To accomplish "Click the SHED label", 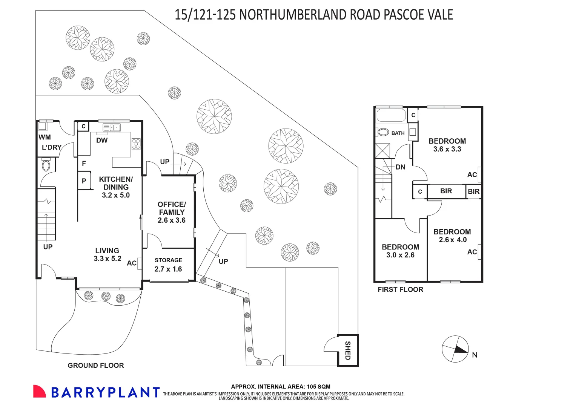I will pos(348,350).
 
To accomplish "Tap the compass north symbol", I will pos(455,349).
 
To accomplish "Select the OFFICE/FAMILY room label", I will pos(172,212).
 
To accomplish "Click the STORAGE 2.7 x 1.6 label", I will pos(168,265).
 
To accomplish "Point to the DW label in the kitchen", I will pos(102,141).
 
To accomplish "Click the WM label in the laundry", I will pos(45,137).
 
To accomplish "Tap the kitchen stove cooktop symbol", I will pos(136,144).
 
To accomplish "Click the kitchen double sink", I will pos(112,128).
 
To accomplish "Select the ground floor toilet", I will pos(46,165).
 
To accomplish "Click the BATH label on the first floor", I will pos(398,133).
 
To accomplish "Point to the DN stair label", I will pos(400,167).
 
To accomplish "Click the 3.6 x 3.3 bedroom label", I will pos(447,145).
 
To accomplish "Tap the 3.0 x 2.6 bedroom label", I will pos(400,251).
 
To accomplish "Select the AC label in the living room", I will pos(132,263).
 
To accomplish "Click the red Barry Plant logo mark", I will pos(39,392).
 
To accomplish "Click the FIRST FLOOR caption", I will pos(400,289).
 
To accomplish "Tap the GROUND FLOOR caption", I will pos(96,365).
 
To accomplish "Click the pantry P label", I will pos(84,181).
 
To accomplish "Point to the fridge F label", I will pos(84,163).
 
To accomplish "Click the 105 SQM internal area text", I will pos(281,387).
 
